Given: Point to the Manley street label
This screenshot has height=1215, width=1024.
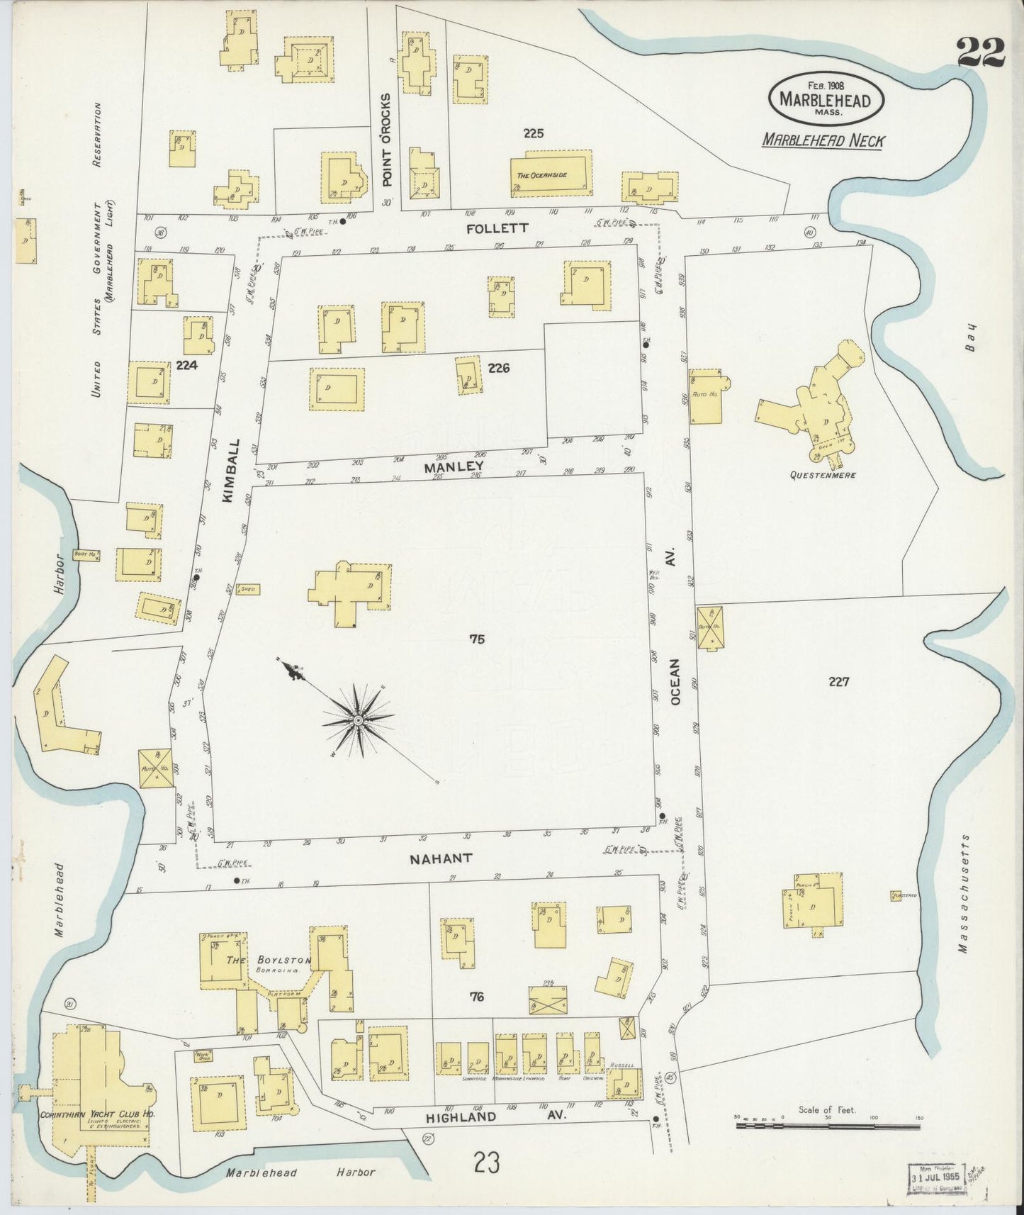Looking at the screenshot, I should click(454, 466).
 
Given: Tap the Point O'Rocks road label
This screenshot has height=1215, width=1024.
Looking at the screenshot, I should click(386, 159).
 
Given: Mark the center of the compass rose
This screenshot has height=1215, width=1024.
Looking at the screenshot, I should click(358, 721).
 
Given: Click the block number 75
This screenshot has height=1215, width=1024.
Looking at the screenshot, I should click(476, 639).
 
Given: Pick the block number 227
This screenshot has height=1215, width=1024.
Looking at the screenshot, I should click(838, 682).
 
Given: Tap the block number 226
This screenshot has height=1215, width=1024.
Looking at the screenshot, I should click(499, 368).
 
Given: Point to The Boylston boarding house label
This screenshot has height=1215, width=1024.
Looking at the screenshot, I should click(269, 961).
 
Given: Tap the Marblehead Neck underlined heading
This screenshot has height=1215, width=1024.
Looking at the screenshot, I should click(823, 140).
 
